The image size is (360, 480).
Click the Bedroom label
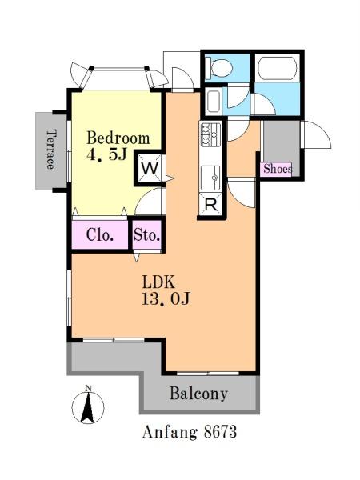coord(118,138)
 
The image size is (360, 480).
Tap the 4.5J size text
coord(107,155)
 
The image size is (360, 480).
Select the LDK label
coord(158,282)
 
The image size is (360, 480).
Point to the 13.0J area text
coord(166,298)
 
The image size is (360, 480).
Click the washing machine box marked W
coord(150,168)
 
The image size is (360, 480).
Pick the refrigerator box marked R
coord(211,205)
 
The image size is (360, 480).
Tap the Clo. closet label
coord(100,235)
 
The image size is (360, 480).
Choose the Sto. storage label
coord(147,235)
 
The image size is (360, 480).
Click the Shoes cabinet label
coord(278,169)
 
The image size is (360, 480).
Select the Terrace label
coord(51,150)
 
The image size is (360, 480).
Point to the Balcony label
coord(199,394)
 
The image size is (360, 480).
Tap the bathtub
coord(278,68)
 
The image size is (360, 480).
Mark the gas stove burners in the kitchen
coord(210,134)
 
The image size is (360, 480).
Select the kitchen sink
coord(210,178)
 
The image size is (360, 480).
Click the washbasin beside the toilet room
coord(214,102)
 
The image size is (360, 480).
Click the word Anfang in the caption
coord(170,433)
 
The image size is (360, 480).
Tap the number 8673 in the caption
coord(221,432)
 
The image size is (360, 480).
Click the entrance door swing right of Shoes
coord(317,134)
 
